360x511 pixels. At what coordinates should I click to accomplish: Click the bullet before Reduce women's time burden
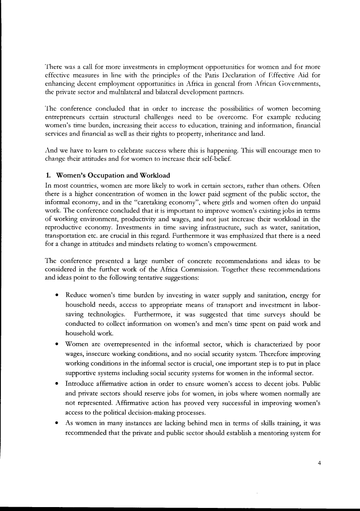[x=57, y=292]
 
